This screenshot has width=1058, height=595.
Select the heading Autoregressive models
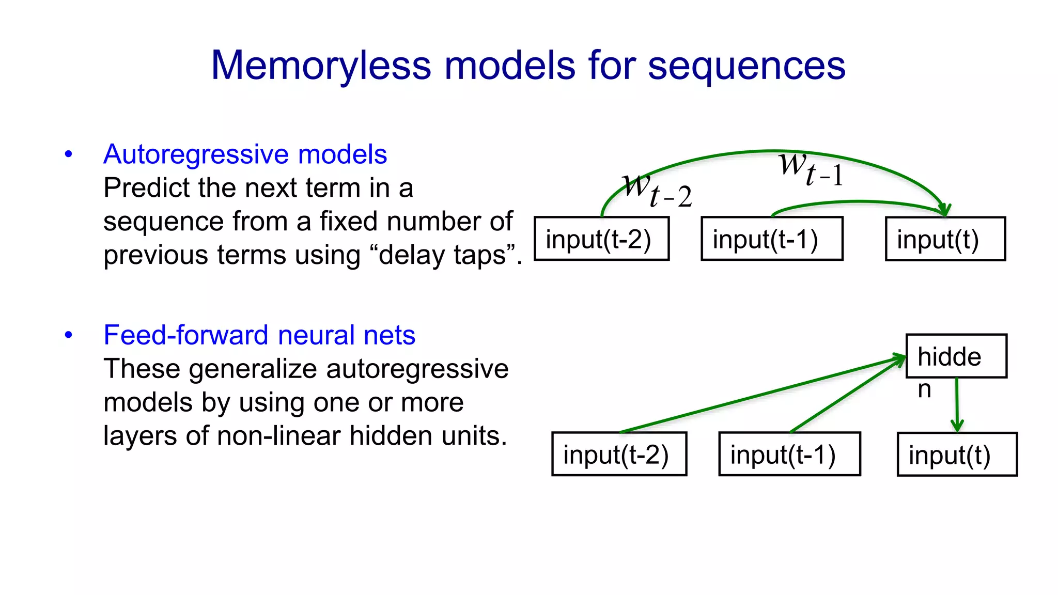(245, 154)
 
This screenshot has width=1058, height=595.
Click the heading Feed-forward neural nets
(259, 335)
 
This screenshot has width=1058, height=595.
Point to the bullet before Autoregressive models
(69, 154)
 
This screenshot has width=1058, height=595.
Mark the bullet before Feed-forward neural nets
(69, 335)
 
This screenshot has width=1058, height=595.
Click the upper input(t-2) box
(601, 239)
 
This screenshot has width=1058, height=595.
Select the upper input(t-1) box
(772, 239)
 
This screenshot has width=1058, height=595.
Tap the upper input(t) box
(945, 239)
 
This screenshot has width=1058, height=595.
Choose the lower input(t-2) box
(619, 454)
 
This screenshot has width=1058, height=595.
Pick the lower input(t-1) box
(789, 454)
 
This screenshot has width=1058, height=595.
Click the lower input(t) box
(957, 455)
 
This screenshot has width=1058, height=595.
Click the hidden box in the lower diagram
(956, 356)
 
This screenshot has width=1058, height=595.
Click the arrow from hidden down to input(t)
(957, 405)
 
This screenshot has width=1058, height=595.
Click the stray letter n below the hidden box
(924, 389)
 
